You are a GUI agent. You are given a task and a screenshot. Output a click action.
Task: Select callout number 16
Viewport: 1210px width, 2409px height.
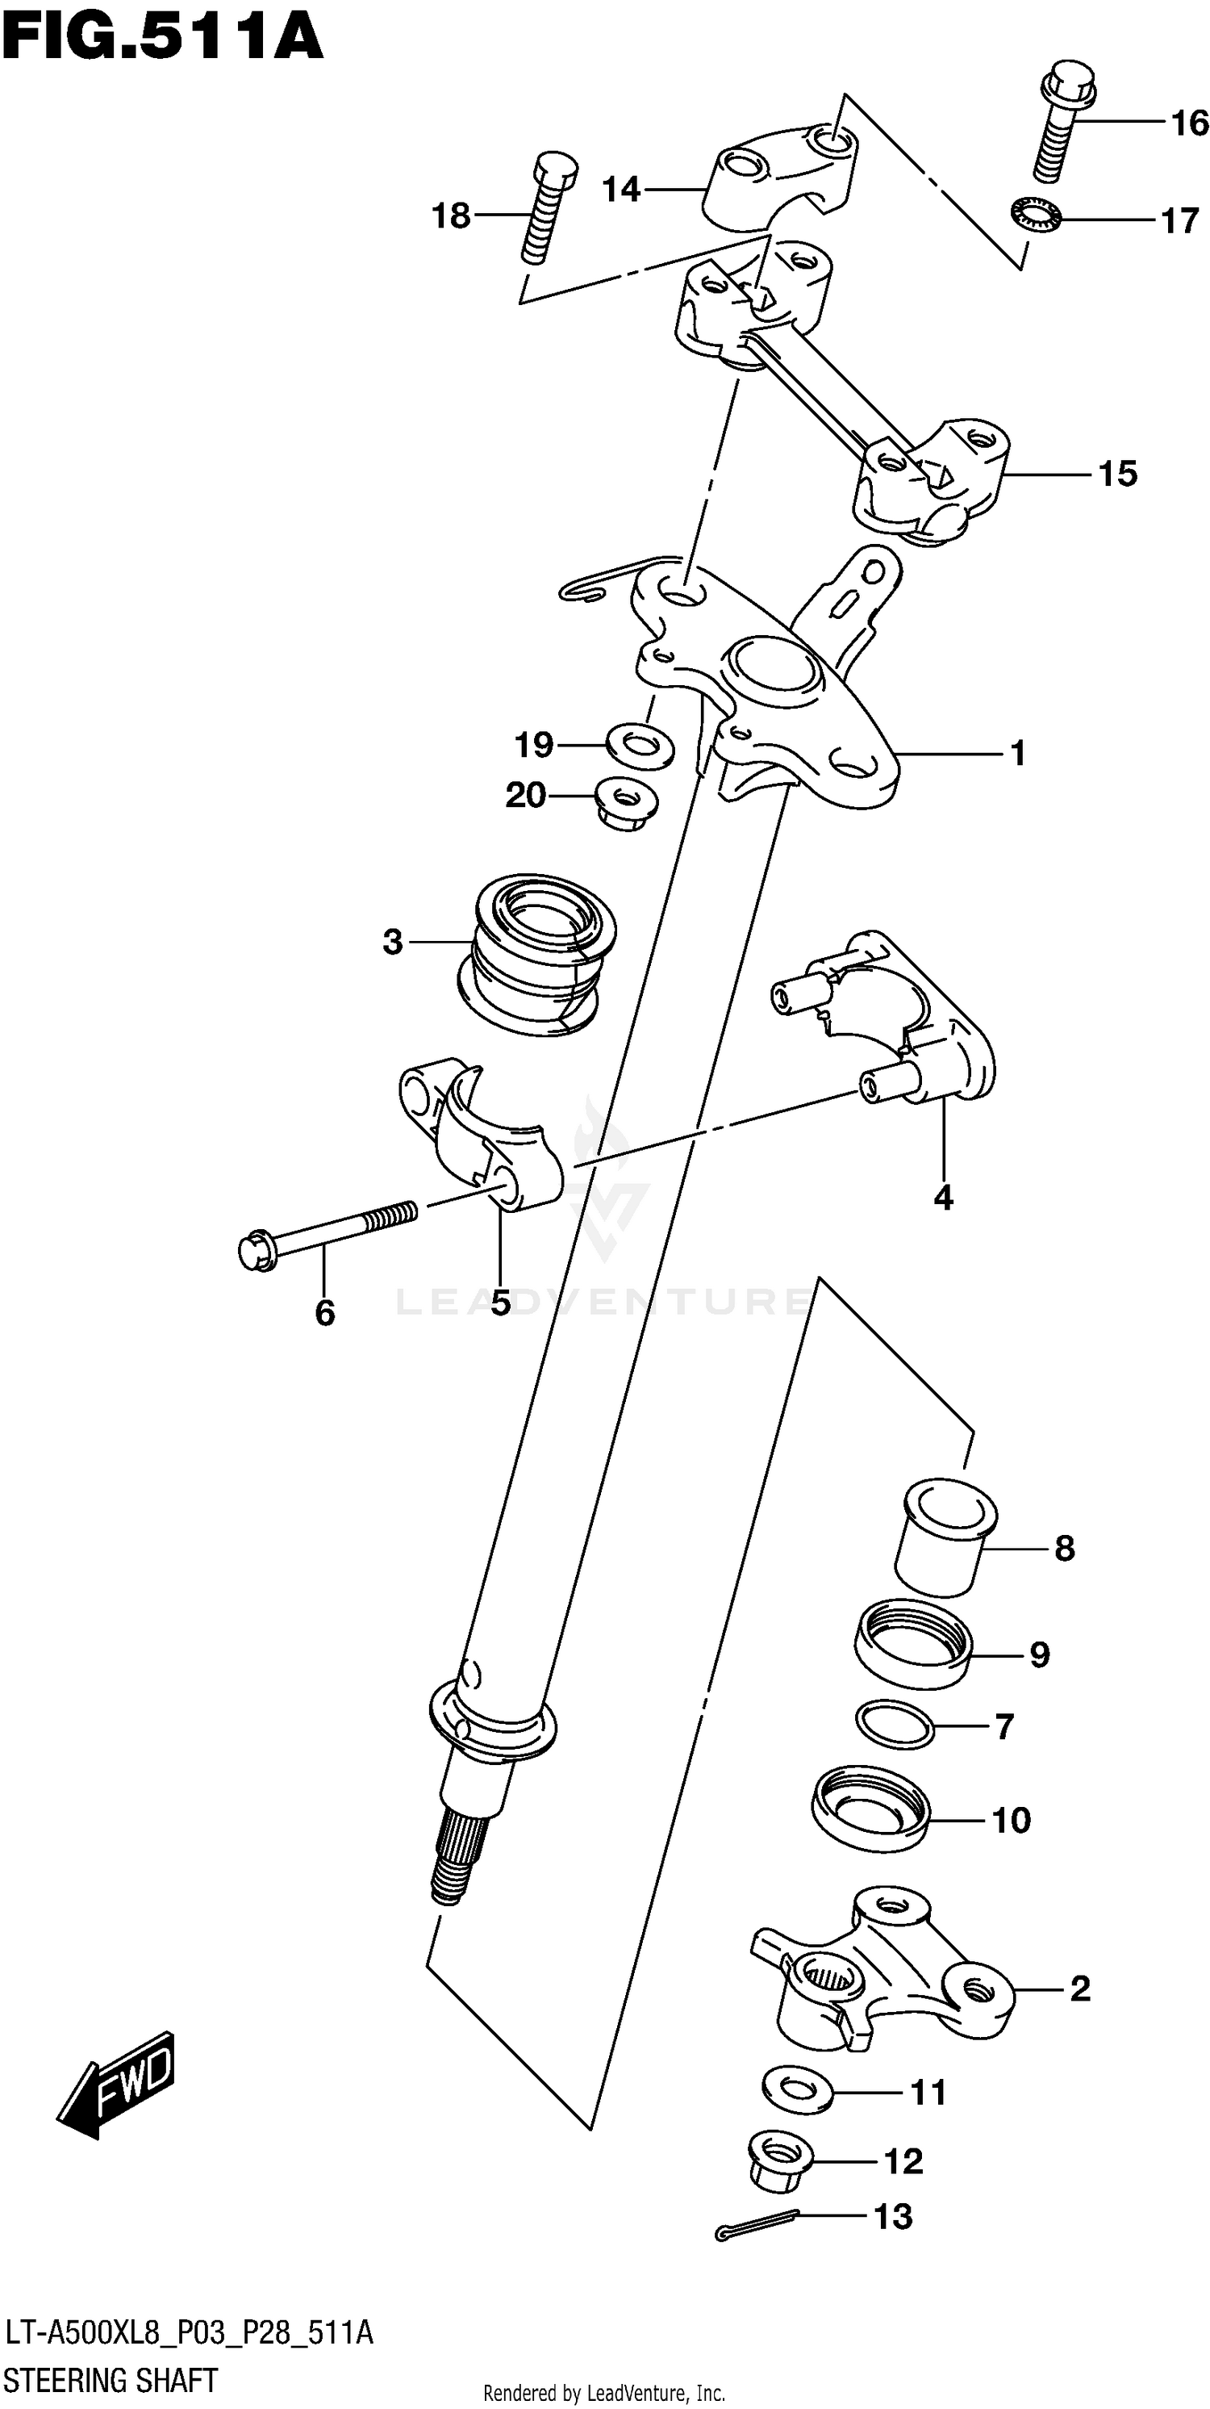pyautogui.click(x=1189, y=123)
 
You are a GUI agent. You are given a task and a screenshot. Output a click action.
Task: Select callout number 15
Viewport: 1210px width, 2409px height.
pyautogui.click(x=1117, y=474)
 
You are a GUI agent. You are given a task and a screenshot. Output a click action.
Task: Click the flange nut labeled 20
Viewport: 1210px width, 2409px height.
pyautogui.click(x=627, y=802)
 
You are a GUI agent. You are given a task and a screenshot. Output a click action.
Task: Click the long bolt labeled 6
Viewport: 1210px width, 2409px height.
pyautogui.click(x=328, y=1231)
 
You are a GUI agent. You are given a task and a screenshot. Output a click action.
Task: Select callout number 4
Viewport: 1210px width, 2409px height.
pyautogui.click(x=942, y=1197)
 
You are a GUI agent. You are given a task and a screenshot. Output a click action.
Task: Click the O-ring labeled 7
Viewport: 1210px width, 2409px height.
pyautogui.click(x=895, y=1725)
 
